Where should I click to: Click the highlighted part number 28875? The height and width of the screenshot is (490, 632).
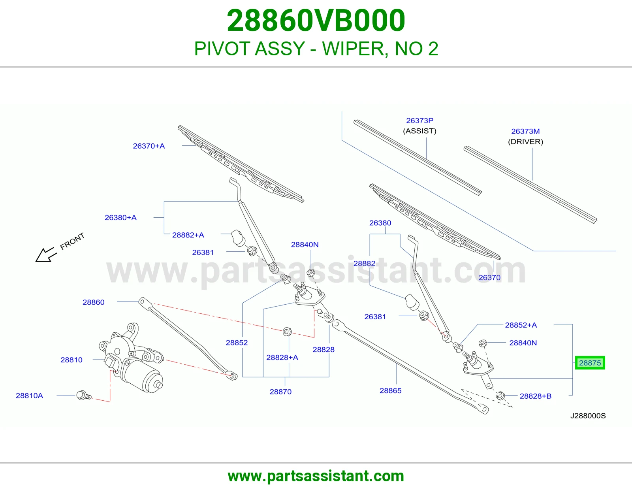pyautogui.click(x=590, y=363)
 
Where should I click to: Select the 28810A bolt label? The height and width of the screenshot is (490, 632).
pyautogui.click(x=29, y=396)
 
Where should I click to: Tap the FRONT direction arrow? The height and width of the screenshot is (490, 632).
pyautogui.click(x=46, y=255)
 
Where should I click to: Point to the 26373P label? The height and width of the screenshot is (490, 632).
pyautogui.click(x=419, y=121)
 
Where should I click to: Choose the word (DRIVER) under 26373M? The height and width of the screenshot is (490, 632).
pyautogui.click(x=526, y=142)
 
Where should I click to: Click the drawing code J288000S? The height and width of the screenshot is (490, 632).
pyautogui.click(x=588, y=416)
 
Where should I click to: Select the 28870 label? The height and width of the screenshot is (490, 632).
pyautogui.click(x=280, y=392)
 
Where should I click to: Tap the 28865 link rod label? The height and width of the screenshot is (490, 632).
pyautogui.click(x=390, y=391)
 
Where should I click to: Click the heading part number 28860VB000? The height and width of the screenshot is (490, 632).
pyautogui.click(x=316, y=21)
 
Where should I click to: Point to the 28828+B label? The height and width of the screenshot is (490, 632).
pyautogui.click(x=536, y=396)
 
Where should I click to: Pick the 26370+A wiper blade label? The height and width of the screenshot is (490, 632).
pyautogui.click(x=149, y=146)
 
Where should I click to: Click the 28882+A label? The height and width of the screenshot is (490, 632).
pyautogui.click(x=188, y=235)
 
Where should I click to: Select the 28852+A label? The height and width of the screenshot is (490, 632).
pyautogui.click(x=521, y=325)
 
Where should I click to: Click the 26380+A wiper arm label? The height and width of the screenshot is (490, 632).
pyautogui.click(x=120, y=218)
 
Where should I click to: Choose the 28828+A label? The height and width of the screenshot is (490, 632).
pyautogui.click(x=282, y=357)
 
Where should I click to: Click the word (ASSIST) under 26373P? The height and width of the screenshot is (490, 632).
pyautogui.click(x=419, y=131)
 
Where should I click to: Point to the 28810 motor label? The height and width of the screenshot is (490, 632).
pyautogui.click(x=71, y=360)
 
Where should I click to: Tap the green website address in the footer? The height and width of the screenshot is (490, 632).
pyautogui.click(x=316, y=476)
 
